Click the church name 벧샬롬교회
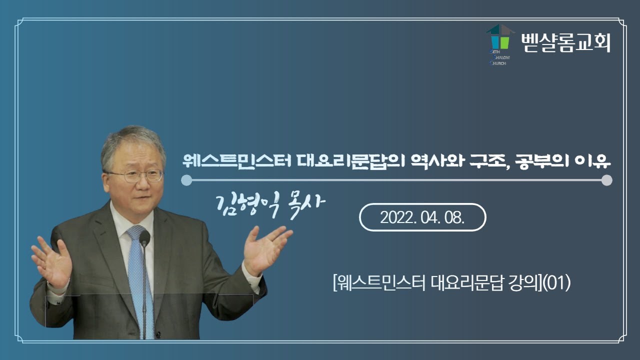565,43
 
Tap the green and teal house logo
500,37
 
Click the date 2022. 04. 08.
422,217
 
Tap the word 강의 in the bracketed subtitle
525,284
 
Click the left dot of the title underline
186,180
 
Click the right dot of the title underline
606,180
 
